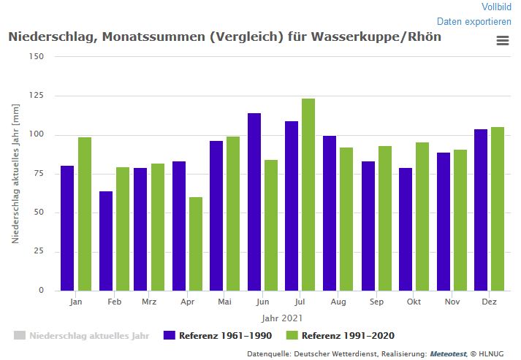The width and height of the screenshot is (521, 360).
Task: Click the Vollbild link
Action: (x=496, y=7)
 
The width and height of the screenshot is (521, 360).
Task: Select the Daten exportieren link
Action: (x=474, y=22)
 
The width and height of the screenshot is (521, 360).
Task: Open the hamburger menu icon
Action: (x=502, y=41)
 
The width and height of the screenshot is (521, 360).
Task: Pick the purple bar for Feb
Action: (x=106, y=241)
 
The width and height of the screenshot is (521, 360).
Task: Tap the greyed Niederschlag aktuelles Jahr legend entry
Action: (x=82, y=336)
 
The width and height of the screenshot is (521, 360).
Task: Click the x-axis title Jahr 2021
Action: (x=281, y=318)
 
